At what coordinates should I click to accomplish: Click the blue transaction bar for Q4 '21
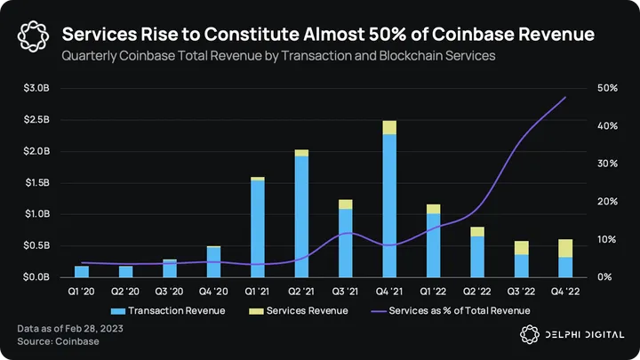coord(389,204)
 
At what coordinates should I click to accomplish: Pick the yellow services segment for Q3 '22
coord(521,248)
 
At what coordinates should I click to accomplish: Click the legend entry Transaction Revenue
coord(169,310)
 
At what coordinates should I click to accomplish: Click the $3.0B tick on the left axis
coord(36,88)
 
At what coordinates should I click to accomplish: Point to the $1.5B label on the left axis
coord(36,183)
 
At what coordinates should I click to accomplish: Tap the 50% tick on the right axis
coord(608,88)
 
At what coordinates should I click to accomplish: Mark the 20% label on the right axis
coord(608,202)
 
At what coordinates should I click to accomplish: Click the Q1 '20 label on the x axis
coord(82,290)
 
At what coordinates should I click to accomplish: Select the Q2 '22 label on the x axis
coord(477,290)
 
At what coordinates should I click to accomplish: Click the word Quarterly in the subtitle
coord(87,55)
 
